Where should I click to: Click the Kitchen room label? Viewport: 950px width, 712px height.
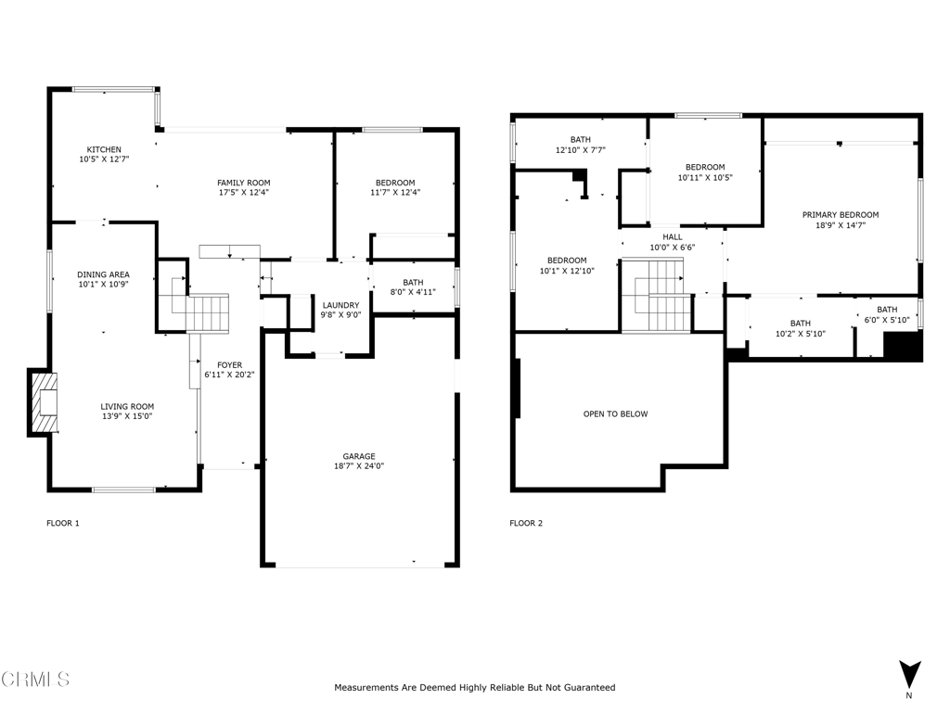point(104,149)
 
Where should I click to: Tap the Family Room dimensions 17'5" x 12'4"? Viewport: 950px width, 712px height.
point(243,193)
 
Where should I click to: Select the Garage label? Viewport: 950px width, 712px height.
point(359,456)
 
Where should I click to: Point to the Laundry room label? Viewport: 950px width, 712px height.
point(340,305)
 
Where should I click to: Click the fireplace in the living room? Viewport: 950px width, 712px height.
point(44,403)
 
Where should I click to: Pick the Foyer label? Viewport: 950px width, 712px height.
point(229,364)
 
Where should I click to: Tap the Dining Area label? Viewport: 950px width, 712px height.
point(103,274)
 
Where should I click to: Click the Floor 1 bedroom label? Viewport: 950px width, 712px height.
point(395,183)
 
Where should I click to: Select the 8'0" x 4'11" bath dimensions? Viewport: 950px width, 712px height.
point(413,292)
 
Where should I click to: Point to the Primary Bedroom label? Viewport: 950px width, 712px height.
point(840,215)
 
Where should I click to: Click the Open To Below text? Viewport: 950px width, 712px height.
point(615,414)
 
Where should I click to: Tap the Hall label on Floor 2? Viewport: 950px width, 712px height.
point(672,236)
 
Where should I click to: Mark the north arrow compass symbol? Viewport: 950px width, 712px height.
point(909,674)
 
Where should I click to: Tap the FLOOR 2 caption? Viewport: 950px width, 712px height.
point(526,523)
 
